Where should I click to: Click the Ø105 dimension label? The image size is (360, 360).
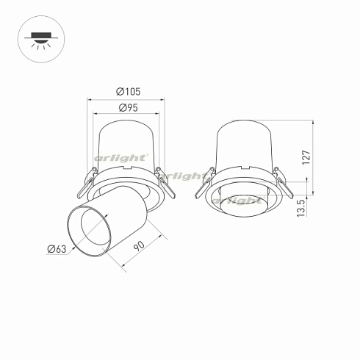(128, 92)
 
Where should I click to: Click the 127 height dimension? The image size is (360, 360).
(306, 156)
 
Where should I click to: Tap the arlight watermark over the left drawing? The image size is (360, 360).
(121, 158)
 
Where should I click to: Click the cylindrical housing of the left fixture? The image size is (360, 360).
(126, 143)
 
